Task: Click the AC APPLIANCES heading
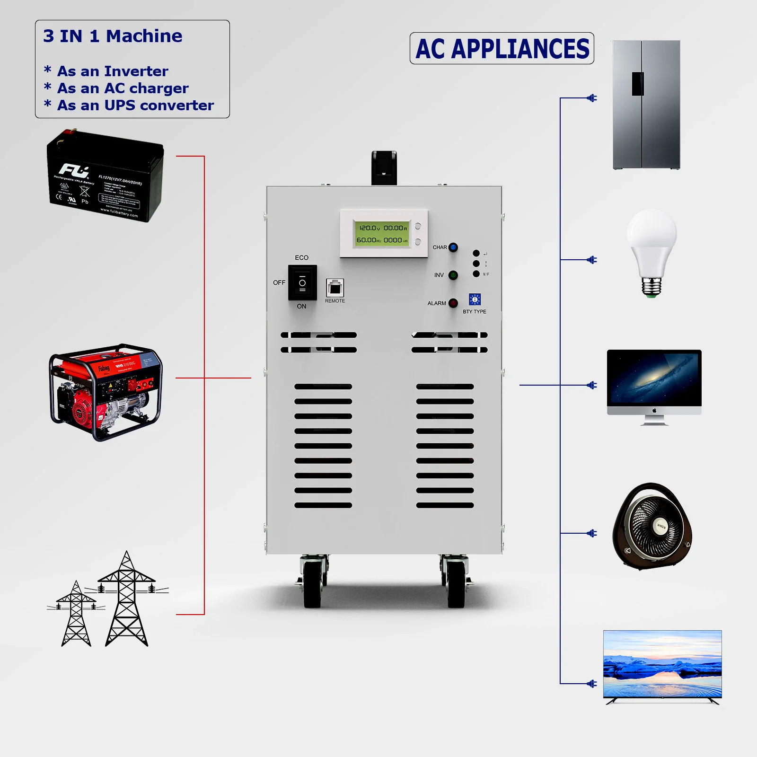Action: tap(502, 49)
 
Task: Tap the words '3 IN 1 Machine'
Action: tap(113, 36)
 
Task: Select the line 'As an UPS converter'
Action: tap(135, 105)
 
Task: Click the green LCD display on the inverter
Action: tap(382, 234)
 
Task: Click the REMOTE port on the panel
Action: tap(335, 287)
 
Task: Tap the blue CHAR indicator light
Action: tap(453, 247)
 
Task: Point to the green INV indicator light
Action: tap(453, 275)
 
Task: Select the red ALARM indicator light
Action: tap(453, 303)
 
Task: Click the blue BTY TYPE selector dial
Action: tap(475, 299)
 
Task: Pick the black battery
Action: tap(105, 176)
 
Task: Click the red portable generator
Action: tap(106, 392)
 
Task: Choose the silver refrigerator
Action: tap(646, 105)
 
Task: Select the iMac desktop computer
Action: tap(654, 386)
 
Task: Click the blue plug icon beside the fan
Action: tap(591, 533)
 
